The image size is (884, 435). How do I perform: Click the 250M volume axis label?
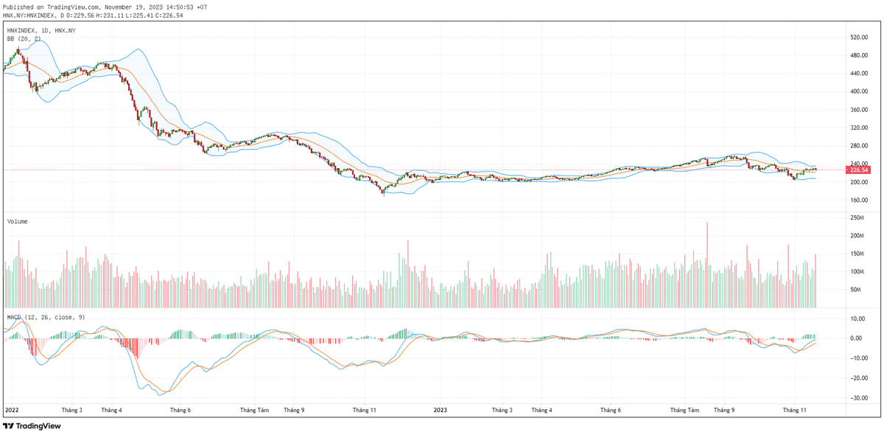click(857, 218)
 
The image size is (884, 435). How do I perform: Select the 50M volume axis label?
click(855, 290)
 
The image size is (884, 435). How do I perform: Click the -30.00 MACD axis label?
click(857, 398)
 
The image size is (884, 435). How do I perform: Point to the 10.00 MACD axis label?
click(857, 319)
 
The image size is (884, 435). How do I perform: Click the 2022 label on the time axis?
click(12, 409)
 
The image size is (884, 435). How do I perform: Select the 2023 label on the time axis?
click(440, 409)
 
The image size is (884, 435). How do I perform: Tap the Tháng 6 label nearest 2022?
click(180, 409)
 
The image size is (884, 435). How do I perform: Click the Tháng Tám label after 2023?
click(684, 409)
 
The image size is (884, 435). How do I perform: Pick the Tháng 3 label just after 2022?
click(72, 409)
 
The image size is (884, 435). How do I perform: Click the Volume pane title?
click(18, 221)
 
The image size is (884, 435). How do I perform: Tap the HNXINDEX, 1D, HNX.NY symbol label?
click(41, 30)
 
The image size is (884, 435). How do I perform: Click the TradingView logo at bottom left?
click(32, 425)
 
